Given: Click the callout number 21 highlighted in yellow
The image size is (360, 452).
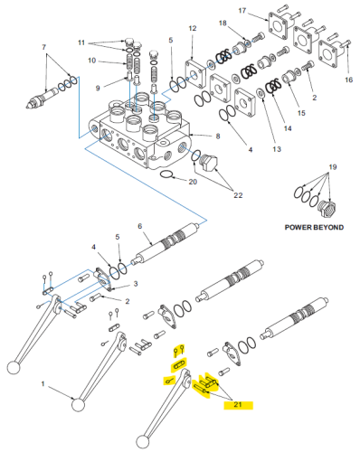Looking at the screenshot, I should coord(238,406).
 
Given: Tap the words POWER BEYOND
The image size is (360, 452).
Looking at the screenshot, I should coord(313,228).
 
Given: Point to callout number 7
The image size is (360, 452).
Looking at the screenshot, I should coord(43,46).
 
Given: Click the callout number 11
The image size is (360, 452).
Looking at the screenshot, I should coord(106,42).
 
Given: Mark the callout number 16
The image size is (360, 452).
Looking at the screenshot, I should coord(348,80).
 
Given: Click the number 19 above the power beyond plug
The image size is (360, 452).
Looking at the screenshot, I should coord(332,167).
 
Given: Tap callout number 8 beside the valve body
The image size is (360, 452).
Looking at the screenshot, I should coord(217,137).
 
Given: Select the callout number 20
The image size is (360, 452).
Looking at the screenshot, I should coord(192,183).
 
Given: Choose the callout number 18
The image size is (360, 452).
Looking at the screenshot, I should coord(223,23).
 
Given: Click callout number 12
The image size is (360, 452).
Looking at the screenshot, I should coord(192,30).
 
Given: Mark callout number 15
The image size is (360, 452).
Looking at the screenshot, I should coord(301,113).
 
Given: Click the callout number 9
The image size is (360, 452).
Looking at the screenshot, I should coord(99,88).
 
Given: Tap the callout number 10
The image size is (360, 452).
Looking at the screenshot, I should coord(104,61).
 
